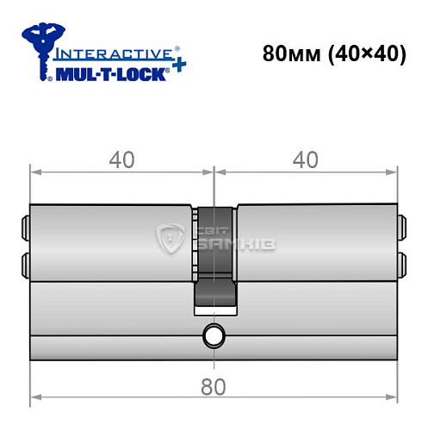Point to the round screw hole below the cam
tap(213, 334)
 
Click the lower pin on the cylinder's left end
tap(25, 262)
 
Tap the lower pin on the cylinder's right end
tap(401, 262)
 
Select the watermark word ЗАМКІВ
tap(226, 247)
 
